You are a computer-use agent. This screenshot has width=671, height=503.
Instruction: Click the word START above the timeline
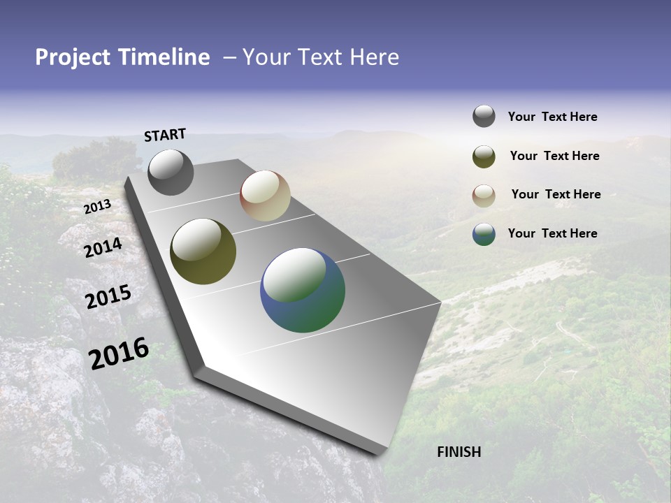pos(165,135)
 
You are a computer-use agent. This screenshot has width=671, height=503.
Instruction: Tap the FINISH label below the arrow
pos(459,452)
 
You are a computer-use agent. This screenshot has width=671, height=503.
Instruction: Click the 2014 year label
pos(103,247)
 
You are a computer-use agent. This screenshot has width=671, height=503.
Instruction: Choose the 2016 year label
pos(119,353)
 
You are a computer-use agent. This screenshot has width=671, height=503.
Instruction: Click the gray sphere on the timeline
pos(171,172)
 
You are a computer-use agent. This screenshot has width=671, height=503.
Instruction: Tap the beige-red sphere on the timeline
pos(265,196)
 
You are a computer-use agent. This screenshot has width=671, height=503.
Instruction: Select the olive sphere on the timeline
pos(203,251)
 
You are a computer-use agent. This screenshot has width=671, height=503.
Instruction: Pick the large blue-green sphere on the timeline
pos(303,290)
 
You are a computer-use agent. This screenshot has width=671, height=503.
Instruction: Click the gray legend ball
pos(484,116)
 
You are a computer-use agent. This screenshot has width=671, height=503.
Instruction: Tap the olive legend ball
pos(484,156)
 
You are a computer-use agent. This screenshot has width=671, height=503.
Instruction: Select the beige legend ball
pos(484,196)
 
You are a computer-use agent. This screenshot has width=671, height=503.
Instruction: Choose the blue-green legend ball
pos(484,234)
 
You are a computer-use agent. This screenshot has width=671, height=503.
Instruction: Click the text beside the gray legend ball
pos(552,117)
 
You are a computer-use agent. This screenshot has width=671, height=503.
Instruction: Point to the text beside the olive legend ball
pos(554,156)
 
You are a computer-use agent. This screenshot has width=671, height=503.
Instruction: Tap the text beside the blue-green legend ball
pos(552,233)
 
